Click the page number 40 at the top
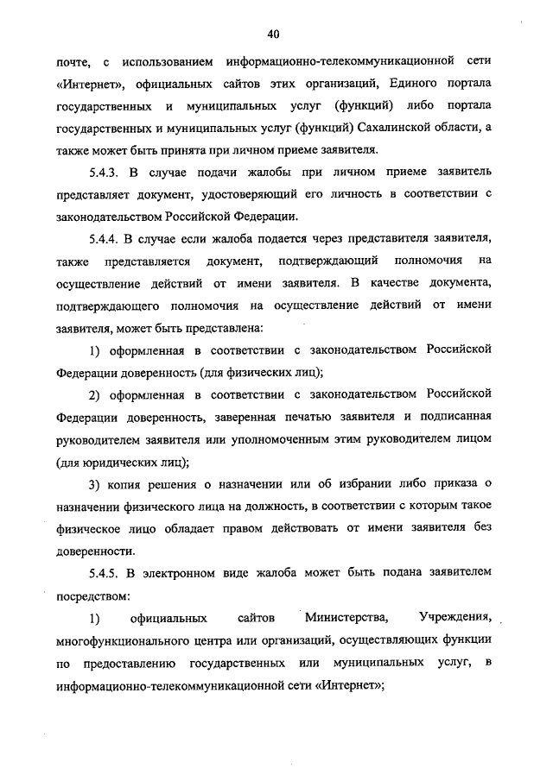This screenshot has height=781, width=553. (x=274, y=35)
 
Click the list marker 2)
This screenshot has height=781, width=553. (x=94, y=395)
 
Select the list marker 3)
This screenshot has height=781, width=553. (x=94, y=483)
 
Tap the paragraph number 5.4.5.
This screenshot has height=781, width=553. (x=107, y=572)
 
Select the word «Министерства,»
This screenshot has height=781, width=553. (x=345, y=617)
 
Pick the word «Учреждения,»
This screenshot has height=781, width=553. (x=455, y=617)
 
